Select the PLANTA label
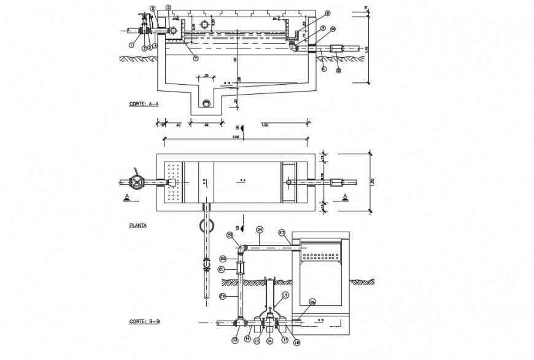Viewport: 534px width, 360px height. (x=137, y=225)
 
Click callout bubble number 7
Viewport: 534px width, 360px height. (x=195, y=58)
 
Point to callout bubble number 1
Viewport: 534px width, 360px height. (x=131, y=44)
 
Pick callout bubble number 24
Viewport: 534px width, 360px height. (x=260, y=230)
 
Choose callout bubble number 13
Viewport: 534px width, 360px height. (x=234, y=338)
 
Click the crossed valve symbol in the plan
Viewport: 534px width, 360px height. (x=137, y=182)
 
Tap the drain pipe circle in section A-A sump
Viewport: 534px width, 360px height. (x=206, y=103)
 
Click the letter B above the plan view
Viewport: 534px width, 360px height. (x=236, y=127)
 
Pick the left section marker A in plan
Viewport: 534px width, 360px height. (x=126, y=197)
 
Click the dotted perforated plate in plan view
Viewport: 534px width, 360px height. (x=174, y=182)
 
